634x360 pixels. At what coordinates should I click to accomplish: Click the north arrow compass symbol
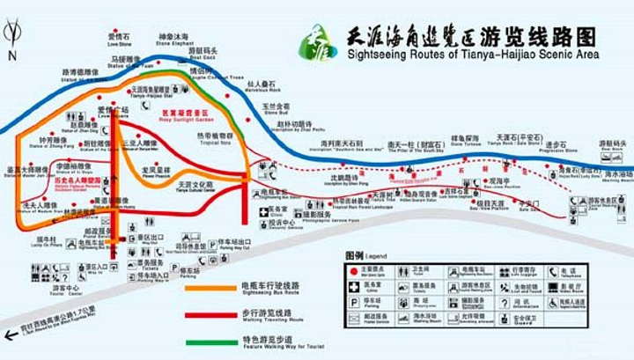pos(11,38)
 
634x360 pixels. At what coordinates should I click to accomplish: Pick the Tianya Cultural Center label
pos(195,187)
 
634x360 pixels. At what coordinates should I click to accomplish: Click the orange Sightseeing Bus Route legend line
pos(210,287)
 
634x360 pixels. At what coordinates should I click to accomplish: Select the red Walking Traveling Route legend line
pos(210,313)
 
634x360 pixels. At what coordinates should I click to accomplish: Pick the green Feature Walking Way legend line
pos(210,341)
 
